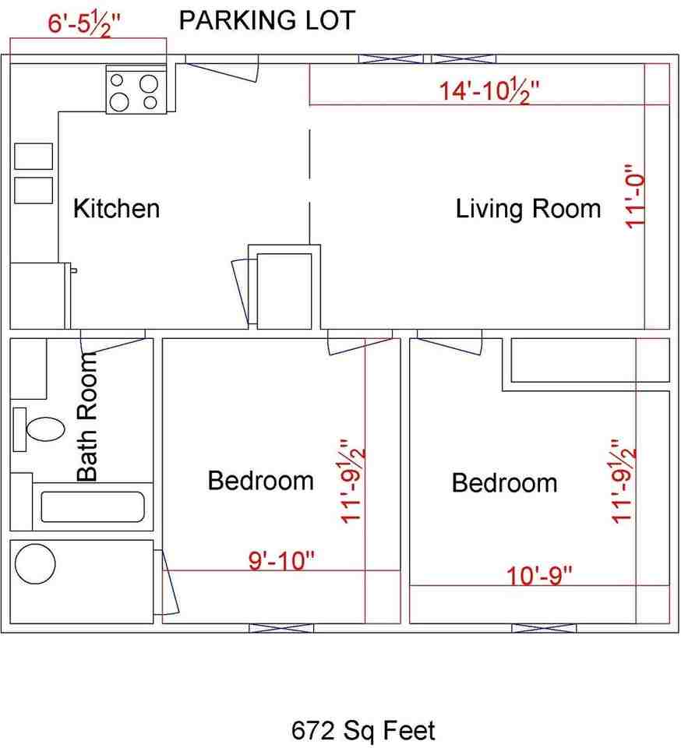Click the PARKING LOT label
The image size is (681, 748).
pos(267,20)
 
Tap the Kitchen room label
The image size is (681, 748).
pos(116,209)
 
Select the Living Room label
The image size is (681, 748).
pos(528,209)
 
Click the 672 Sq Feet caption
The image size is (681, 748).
pos(363,730)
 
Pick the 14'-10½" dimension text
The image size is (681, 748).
pos(489,90)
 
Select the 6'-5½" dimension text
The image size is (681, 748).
pos(84,24)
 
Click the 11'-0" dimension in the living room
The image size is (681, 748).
pos(635,196)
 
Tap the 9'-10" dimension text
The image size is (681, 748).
pos(281,560)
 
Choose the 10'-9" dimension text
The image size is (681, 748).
pos(539,575)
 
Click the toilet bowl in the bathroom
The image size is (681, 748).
pos(45,429)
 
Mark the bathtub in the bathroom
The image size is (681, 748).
pos(93,506)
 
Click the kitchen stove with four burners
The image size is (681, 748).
pos(136,89)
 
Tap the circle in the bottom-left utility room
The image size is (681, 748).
pos(35,563)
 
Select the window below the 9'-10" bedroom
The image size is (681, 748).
pos(281,628)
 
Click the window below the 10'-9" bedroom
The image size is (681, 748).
pos(544,628)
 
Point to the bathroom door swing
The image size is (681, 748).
pos(112,341)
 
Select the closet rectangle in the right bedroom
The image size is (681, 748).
pos(591,360)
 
